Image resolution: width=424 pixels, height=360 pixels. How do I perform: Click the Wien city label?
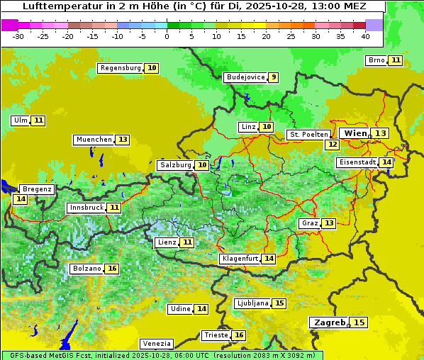click(x=355, y=133)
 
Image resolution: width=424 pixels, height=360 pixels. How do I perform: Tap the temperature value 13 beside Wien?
click(x=381, y=133)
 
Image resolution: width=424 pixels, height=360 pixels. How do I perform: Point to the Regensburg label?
click(x=120, y=68)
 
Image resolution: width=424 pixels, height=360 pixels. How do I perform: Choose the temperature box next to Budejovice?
click(x=274, y=77)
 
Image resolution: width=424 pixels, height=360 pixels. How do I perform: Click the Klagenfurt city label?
click(x=239, y=259)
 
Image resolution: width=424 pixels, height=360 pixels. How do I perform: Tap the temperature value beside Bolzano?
click(x=112, y=269)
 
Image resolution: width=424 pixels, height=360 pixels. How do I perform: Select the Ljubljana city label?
click(x=252, y=303)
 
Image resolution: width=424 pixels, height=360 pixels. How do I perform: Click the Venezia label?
click(x=156, y=343)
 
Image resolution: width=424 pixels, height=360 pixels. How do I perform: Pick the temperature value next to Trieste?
click(x=239, y=335)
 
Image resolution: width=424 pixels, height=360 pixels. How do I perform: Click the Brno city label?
click(x=376, y=60)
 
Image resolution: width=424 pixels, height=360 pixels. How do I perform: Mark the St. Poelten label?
click(x=308, y=134)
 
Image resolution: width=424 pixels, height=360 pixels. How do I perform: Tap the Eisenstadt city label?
click(x=357, y=162)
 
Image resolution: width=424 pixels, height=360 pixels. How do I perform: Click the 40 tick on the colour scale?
click(x=365, y=36)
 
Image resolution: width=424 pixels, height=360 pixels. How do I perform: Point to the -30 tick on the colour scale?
click(x=18, y=36)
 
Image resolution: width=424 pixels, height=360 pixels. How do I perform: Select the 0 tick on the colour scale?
click(x=167, y=36)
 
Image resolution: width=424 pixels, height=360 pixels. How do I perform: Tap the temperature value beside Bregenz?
click(x=21, y=199)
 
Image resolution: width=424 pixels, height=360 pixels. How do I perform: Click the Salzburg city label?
click(x=175, y=165)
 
